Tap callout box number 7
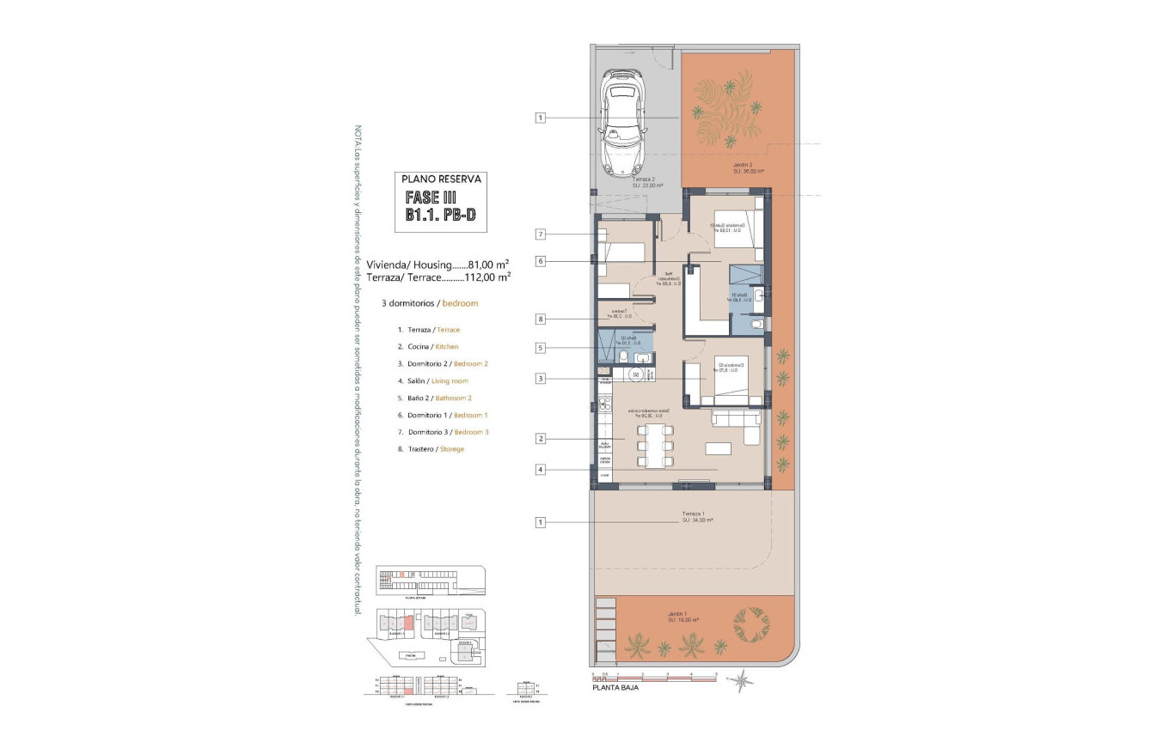pos(540,234)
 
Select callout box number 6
pos(540,261)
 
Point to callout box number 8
pos(540,319)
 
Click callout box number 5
pos(540,348)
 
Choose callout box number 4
pos(540,470)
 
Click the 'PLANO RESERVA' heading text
pos(443,179)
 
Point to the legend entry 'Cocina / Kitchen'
pos(428,347)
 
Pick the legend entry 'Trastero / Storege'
pos(431,449)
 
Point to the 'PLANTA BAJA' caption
pos(615,687)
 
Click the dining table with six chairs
pos(656,445)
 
